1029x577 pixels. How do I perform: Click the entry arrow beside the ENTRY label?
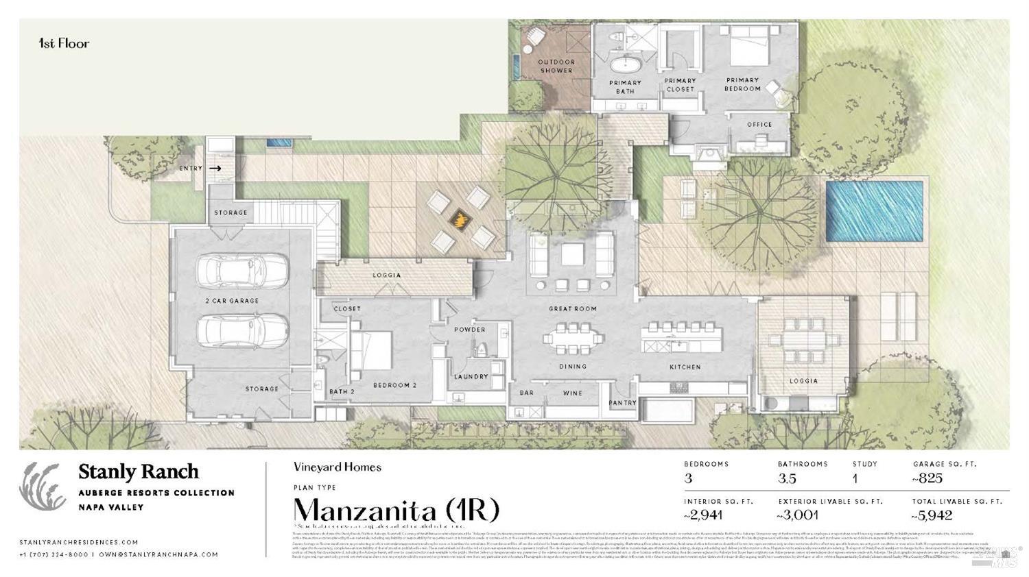pyautogui.click(x=215, y=168)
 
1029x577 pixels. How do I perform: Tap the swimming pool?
pyautogui.click(x=873, y=210)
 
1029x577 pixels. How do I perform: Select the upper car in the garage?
pyautogui.click(x=241, y=271)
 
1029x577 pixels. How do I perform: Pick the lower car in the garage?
pyautogui.click(x=241, y=332)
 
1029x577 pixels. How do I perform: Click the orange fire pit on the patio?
pyautogui.click(x=460, y=219)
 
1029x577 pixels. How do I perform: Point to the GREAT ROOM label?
pyautogui.click(x=572, y=309)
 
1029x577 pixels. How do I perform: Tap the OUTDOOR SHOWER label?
pyautogui.click(x=556, y=66)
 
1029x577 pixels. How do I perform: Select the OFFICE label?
pyautogui.click(x=759, y=125)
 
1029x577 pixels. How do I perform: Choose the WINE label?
pyautogui.click(x=572, y=393)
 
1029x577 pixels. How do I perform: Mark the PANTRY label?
pyautogui.click(x=622, y=403)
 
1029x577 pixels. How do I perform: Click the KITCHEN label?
pyautogui.click(x=685, y=367)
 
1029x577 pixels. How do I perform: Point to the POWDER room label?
pyautogui.click(x=469, y=330)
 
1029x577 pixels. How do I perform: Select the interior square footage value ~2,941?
pyautogui.click(x=703, y=515)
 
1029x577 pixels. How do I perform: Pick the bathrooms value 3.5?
pyautogui.click(x=787, y=478)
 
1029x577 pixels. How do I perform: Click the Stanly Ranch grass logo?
pyautogui.click(x=43, y=486)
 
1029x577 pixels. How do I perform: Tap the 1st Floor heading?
pyautogui.click(x=64, y=43)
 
